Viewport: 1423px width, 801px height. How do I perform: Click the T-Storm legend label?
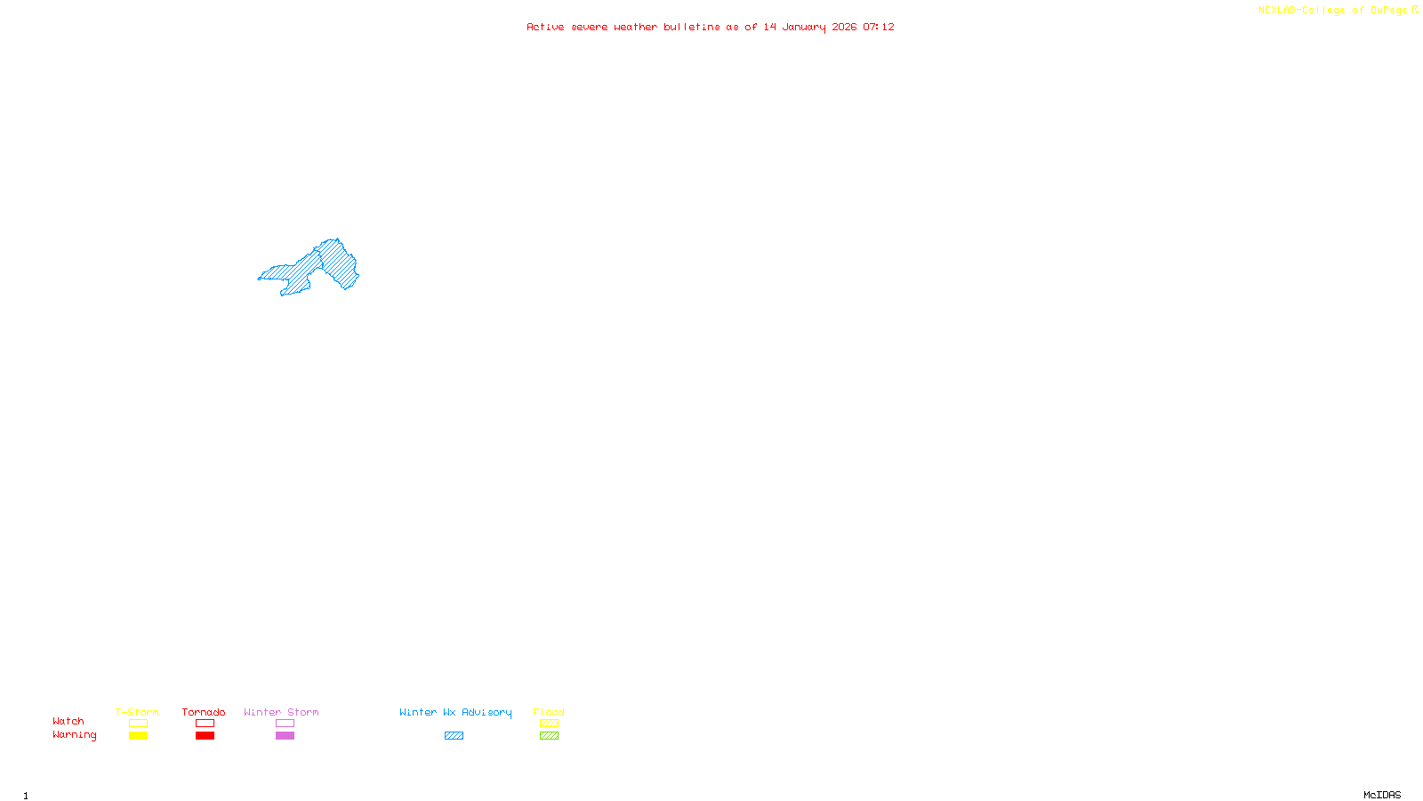(137, 712)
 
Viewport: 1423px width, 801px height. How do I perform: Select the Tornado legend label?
(204, 712)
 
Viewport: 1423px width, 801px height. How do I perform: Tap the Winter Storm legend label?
(281, 712)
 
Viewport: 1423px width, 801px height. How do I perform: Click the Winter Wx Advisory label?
(455, 712)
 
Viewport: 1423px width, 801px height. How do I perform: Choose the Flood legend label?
(549, 712)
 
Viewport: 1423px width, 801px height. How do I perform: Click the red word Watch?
(68, 721)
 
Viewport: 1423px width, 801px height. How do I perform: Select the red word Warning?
(74, 735)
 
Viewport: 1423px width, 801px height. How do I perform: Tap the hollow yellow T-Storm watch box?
(138, 724)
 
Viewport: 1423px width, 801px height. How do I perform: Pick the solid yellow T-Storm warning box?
(138, 736)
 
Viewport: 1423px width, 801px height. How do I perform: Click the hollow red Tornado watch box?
(205, 724)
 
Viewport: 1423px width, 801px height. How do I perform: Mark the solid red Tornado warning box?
(205, 736)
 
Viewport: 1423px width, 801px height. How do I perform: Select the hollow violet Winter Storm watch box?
(285, 724)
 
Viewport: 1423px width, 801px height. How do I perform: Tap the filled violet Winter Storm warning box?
(285, 736)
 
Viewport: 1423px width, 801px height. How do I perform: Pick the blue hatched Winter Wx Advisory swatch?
(454, 736)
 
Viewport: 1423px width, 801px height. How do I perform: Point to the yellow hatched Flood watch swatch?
(549, 724)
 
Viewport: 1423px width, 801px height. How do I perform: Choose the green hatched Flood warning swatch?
(549, 736)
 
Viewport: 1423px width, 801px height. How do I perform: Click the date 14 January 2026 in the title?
(809, 27)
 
